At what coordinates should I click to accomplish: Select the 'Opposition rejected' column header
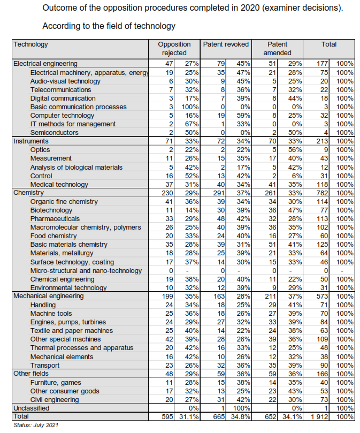click(174, 49)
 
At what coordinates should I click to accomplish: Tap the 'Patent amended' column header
click(277, 49)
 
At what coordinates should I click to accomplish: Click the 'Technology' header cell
click(30, 44)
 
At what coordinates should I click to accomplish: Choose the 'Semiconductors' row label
click(54, 133)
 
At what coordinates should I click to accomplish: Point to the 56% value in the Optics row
click(295, 150)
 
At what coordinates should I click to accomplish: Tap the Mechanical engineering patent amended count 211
click(270, 296)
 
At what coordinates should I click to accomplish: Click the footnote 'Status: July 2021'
click(36, 426)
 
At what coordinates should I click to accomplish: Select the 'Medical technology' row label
click(59, 185)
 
